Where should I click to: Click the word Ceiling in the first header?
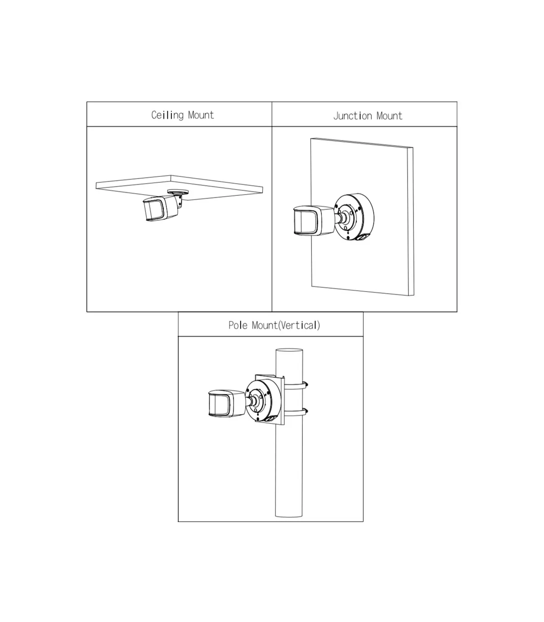(167, 115)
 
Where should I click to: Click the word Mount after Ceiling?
(201, 115)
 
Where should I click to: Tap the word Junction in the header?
(353, 116)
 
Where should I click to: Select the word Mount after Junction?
(389, 116)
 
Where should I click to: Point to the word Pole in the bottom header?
(238, 326)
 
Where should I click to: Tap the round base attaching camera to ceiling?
(178, 192)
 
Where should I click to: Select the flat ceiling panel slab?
(180, 188)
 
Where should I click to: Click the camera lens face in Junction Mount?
(305, 221)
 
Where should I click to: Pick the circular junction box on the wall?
(355, 217)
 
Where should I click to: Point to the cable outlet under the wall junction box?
(362, 238)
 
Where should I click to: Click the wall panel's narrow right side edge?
(410, 222)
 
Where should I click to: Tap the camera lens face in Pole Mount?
(220, 403)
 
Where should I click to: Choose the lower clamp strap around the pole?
(296, 413)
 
